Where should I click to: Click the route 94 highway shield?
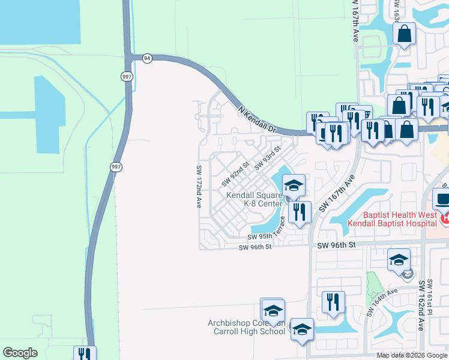point(147,58)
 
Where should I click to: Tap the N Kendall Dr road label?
point(257,120)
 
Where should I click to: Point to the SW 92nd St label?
point(235,173)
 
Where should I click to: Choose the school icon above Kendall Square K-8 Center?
point(294,185)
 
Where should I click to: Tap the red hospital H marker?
point(445,220)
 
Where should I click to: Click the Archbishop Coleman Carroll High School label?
point(247,327)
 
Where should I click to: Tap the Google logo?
point(20,353)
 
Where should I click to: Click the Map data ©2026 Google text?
point(412,355)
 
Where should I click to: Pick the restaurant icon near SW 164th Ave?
point(333,302)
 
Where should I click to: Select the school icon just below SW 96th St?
point(398,261)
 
